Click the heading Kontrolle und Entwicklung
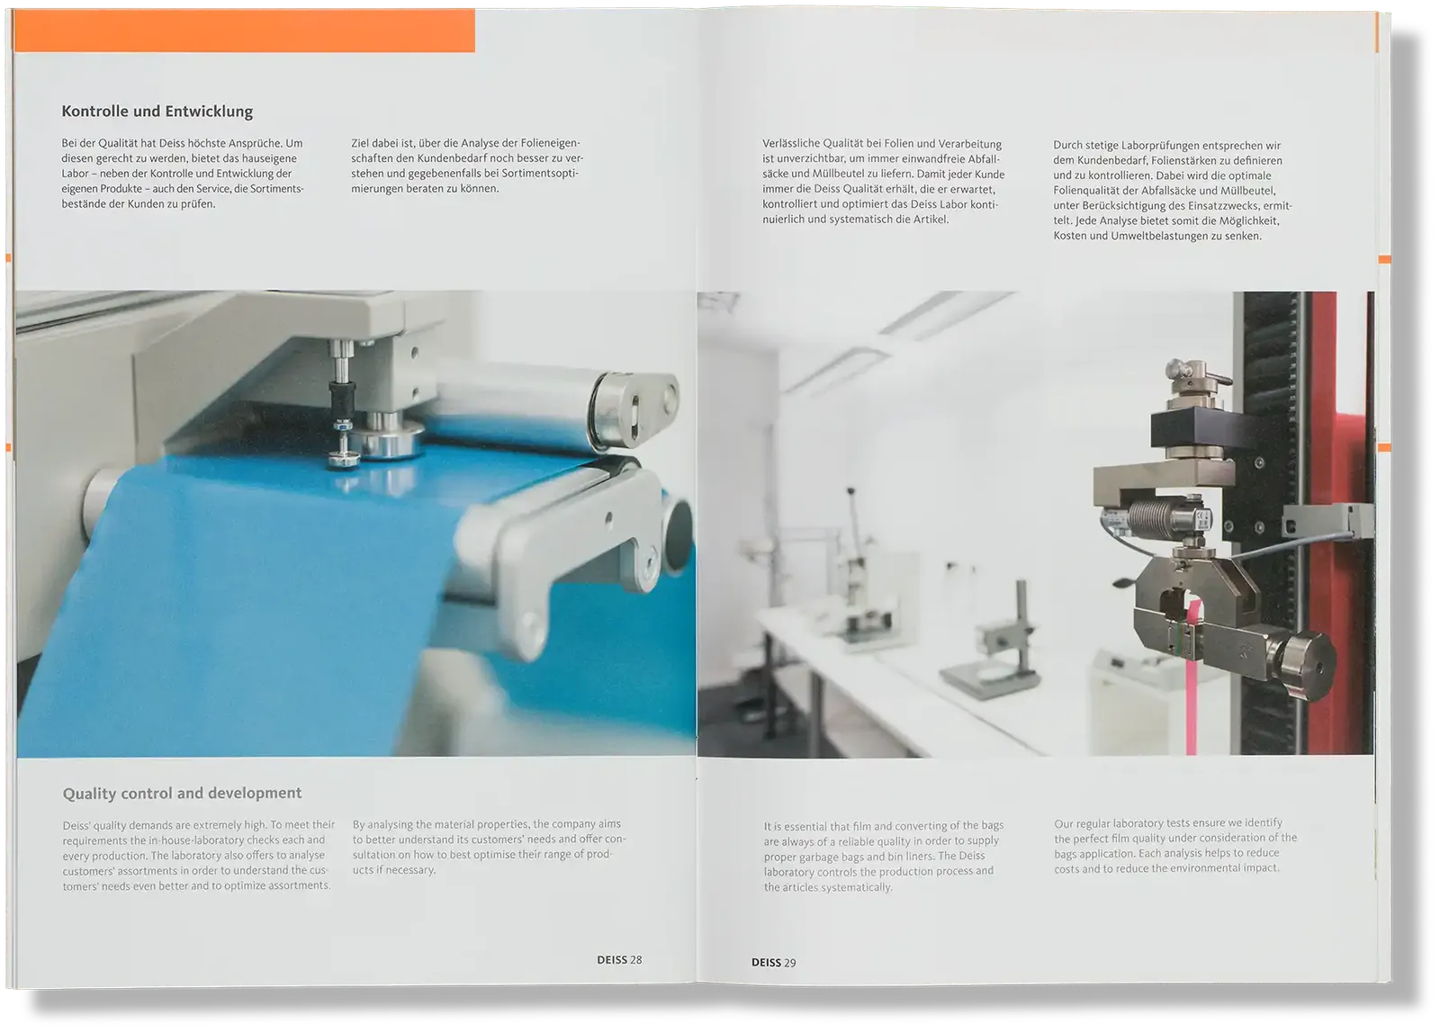(157, 112)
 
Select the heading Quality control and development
(182, 794)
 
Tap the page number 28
(635, 960)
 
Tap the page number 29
(790, 962)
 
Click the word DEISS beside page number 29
(766, 962)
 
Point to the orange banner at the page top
(244, 31)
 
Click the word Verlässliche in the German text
(791, 144)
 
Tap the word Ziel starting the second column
(361, 143)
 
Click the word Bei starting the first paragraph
(68, 143)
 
